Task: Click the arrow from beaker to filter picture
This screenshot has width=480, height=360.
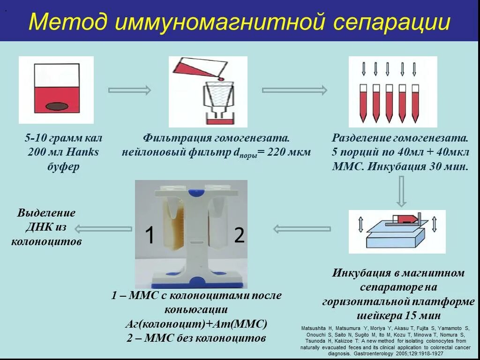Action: pyautogui.click(x=129, y=90)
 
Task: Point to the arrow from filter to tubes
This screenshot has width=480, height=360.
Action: pyautogui.click(x=294, y=90)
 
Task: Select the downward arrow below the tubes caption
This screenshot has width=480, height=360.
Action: pyautogui.click(x=401, y=191)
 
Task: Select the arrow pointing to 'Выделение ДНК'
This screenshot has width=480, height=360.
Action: pyautogui.click(x=103, y=229)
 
